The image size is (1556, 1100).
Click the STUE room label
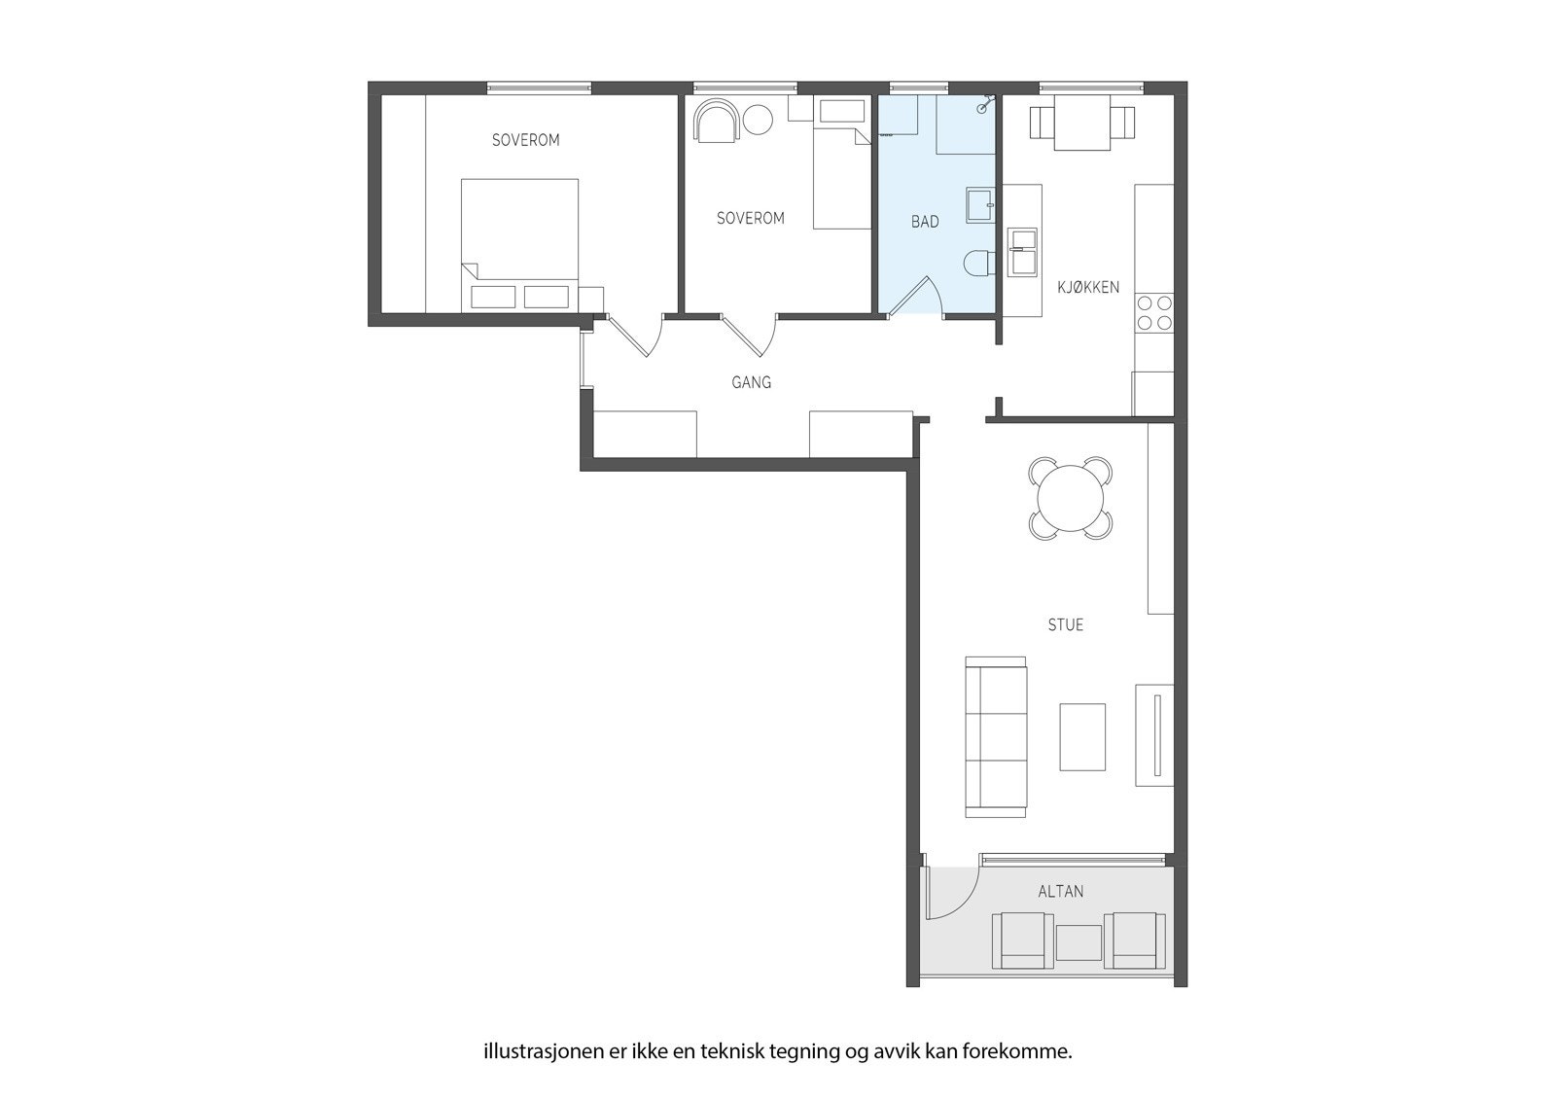pyautogui.click(x=1065, y=624)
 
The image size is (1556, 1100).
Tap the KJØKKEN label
pyautogui.click(x=1088, y=287)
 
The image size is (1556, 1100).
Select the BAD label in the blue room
pyautogui.click(x=925, y=222)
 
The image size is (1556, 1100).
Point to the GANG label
pyautogui.click(x=751, y=382)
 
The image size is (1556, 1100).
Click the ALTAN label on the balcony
pyautogui.click(x=1060, y=891)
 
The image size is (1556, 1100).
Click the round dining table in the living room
pyautogui.click(x=1070, y=499)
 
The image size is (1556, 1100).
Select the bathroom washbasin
pyautogui.click(x=979, y=204)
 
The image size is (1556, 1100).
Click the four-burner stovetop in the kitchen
pyautogui.click(x=1154, y=312)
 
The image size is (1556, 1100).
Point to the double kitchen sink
pyautogui.click(x=1022, y=251)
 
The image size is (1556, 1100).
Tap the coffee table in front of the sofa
pyautogui.click(x=1081, y=736)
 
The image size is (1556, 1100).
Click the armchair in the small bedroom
pyautogui.click(x=717, y=121)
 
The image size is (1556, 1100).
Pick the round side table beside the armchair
pyautogui.click(x=758, y=120)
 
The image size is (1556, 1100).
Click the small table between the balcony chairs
pyautogui.click(x=1079, y=942)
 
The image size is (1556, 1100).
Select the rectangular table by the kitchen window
pyautogui.click(x=1081, y=124)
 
